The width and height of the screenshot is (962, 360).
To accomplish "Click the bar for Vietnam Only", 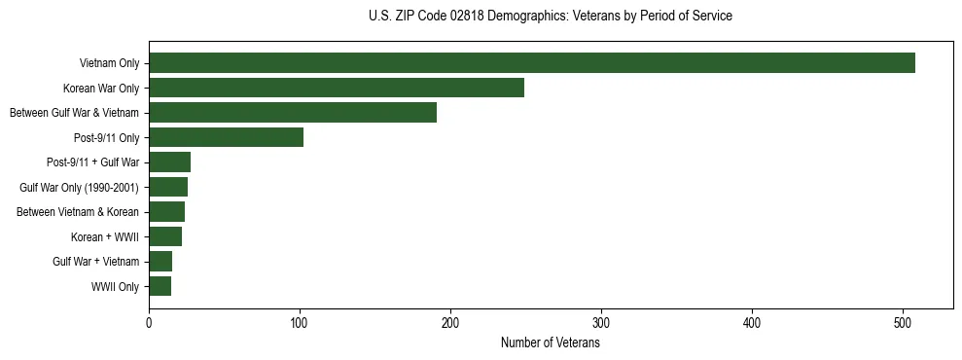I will tap(532, 63).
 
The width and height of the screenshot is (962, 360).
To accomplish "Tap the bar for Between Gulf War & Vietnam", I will tap(293, 113).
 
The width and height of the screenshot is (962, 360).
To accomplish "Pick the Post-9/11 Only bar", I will tap(226, 137).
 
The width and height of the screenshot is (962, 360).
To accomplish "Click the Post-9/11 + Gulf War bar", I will tap(169, 162).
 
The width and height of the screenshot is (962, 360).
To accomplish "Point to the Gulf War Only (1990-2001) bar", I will tap(168, 187).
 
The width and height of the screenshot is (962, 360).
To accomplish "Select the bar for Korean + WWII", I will tap(165, 236).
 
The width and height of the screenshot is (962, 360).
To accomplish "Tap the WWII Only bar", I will tap(160, 286).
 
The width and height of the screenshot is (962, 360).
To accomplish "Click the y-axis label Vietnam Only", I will tap(109, 63).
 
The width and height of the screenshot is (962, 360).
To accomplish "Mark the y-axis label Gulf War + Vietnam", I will tap(95, 262).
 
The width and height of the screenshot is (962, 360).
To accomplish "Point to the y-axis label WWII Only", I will tap(115, 287).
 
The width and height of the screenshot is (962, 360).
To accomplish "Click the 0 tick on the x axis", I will tap(149, 321).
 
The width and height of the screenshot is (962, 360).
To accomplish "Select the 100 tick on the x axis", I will tap(300, 321).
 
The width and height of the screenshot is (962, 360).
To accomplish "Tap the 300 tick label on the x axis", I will tap(601, 321).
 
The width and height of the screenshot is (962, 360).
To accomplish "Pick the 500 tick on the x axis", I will tap(903, 321).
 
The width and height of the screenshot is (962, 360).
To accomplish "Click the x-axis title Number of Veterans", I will tap(550, 343).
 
